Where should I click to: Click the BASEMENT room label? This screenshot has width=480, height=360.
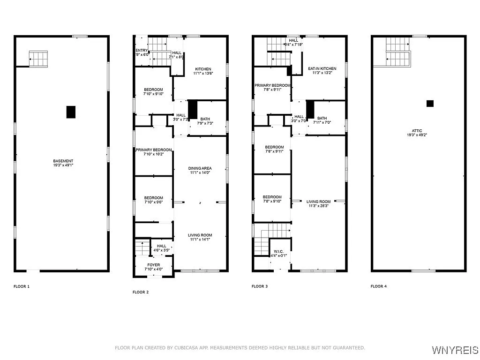pyautogui.click(x=63, y=161)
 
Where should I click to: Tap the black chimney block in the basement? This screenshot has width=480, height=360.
pyautogui.click(x=71, y=112)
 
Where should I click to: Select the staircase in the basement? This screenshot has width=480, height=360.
pyautogui.click(x=38, y=59)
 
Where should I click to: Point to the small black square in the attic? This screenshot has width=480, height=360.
pyautogui.click(x=430, y=104)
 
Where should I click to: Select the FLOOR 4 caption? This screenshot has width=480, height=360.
pyautogui.click(x=379, y=286)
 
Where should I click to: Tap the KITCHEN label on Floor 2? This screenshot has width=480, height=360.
pyautogui.click(x=202, y=69)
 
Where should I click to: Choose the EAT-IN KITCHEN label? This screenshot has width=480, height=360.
pyautogui.click(x=318, y=69)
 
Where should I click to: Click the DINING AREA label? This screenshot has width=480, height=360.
pyautogui.click(x=200, y=168)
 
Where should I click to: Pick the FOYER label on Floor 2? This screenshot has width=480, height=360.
pyautogui.click(x=154, y=265)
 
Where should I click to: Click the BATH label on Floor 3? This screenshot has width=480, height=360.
pyautogui.click(x=322, y=118)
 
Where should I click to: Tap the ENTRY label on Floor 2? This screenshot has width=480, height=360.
pyautogui.click(x=142, y=50)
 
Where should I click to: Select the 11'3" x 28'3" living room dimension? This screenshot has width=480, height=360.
pyautogui.click(x=319, y=206)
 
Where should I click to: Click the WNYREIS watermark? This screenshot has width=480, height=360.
pyautogui.click(x=455, y=350)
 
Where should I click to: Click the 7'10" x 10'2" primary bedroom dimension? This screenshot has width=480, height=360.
pyautogui.click(x=154, y=155)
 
